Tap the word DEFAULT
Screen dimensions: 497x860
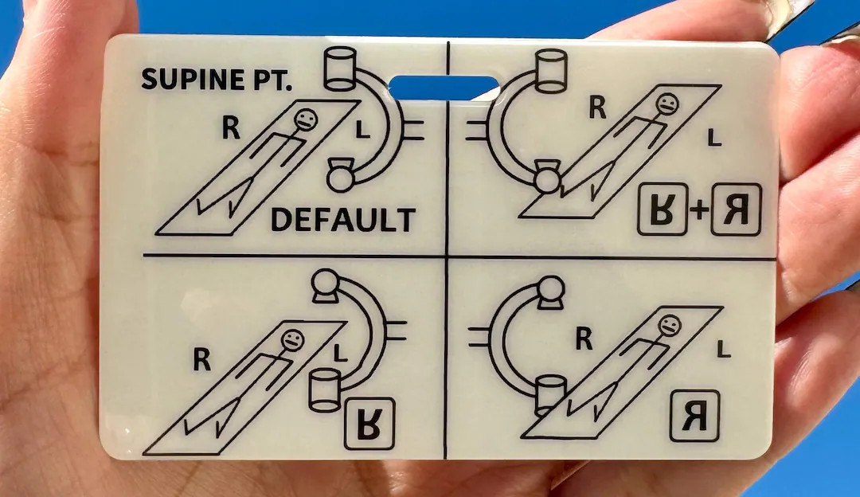point(342,219)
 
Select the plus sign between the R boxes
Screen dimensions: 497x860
point(699,210)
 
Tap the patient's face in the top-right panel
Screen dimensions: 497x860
point(668,104)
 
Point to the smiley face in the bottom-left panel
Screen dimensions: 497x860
point(293,340)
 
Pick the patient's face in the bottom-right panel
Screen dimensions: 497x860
point(669,325)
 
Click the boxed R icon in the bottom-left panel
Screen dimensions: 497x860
point(369,423)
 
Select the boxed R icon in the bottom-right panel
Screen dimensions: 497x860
point(694,415)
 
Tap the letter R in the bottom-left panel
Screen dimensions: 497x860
point(202,361)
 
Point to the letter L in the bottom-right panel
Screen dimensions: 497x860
point(723,349)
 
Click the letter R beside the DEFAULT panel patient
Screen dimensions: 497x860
point(230,127)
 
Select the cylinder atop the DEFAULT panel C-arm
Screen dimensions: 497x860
point(340,68)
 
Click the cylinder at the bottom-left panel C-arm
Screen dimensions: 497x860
point(326,389)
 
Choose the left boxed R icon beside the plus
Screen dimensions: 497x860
point(662,209)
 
